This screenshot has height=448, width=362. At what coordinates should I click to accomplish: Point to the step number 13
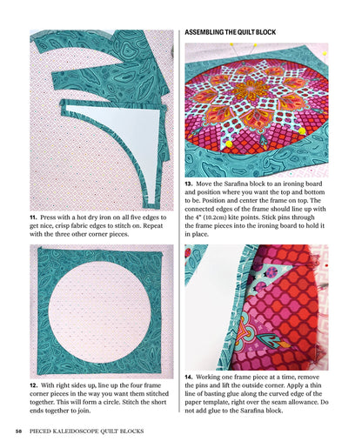click(189, 184)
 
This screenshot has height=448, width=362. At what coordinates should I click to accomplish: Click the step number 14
click(189, 377)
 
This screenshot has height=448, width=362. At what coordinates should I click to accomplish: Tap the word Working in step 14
click(213, 377)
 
